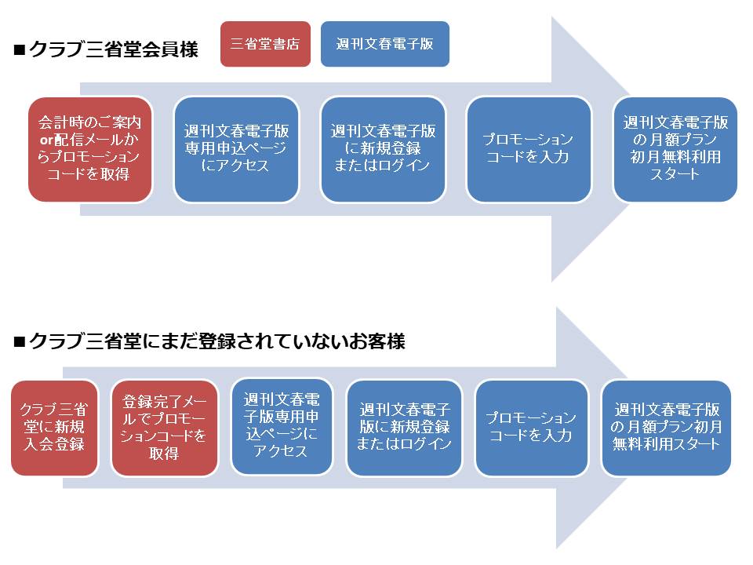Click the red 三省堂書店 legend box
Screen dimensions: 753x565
coord(265,44)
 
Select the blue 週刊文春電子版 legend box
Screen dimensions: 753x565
coord(384,44)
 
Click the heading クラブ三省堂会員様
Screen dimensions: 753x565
coord(113,49)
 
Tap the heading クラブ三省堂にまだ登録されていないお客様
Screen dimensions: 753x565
coord(217,341)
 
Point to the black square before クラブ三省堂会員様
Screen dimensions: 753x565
coord(19,50)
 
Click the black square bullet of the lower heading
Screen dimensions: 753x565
coord(19,341)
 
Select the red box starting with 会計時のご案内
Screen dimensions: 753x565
coord(90,149)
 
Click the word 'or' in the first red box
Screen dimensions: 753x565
coord(46,140)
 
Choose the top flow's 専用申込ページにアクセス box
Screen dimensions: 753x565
coord(236,149)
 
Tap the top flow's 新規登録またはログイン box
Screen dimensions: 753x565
coord(383,149)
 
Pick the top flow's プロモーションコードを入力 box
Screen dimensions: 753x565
coord(529,149)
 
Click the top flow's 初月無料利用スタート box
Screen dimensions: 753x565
coord(675,149)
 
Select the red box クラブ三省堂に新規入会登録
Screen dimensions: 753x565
coord(54,428)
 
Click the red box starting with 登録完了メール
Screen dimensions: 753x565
coord(164,428)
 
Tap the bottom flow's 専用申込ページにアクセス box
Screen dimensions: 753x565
coord(282,427)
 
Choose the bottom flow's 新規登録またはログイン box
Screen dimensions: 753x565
coord(404,428)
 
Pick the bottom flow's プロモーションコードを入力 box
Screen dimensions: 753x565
coord(532,428)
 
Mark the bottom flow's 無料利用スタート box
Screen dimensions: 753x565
coord(667,428)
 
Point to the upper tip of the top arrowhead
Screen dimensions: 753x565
coord(552,16)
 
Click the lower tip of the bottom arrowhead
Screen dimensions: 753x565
coord(557,549)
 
